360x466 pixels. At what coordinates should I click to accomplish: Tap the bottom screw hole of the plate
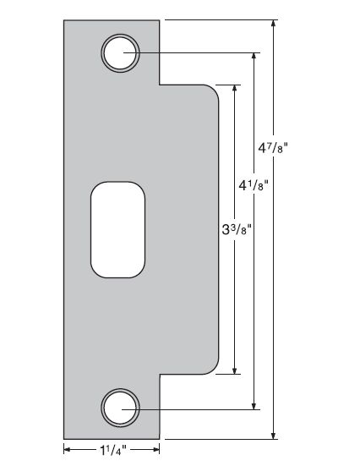coord(120,408)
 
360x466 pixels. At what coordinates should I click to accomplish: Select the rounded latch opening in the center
coord(117,229)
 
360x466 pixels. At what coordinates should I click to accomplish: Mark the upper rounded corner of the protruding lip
coord(215,91)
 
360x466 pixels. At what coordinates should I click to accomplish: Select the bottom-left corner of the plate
coord(65,438)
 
